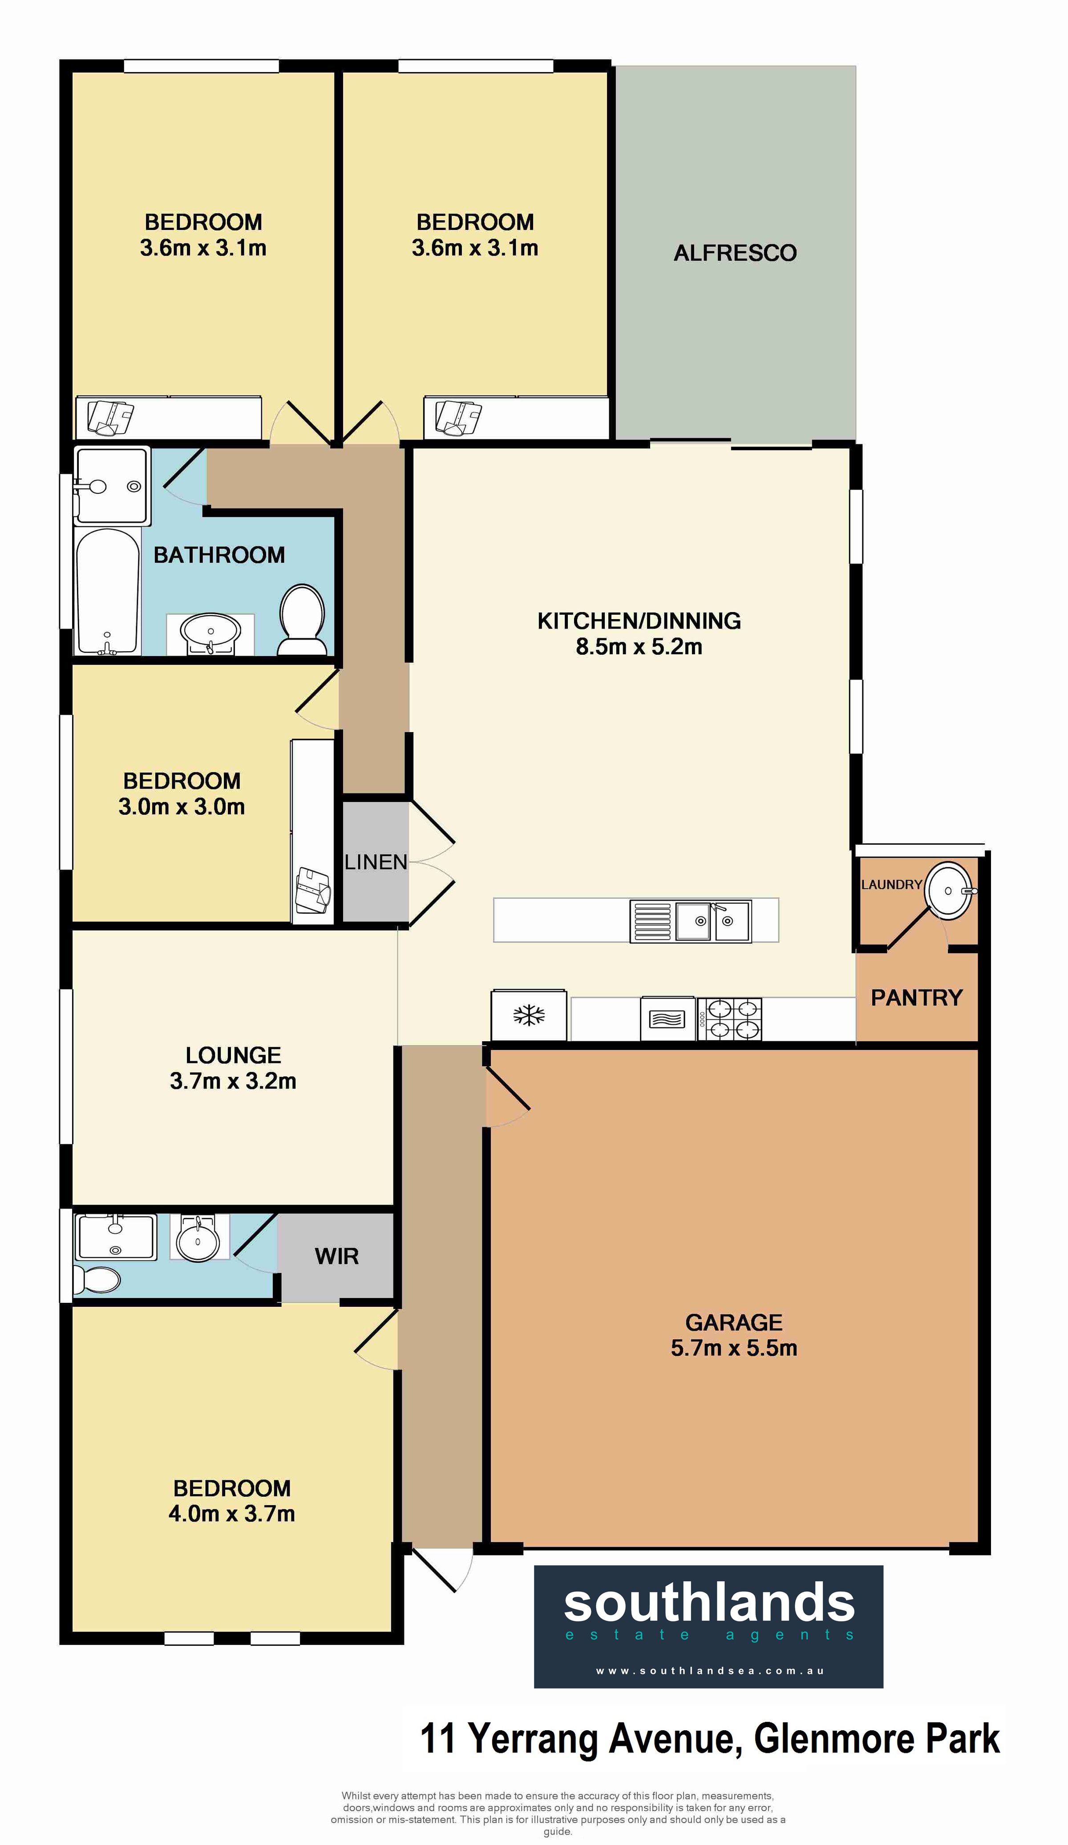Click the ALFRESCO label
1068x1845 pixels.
tap(735, 254)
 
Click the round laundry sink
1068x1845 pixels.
tap(949, 890)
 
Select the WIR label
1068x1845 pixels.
tap(336, 1257)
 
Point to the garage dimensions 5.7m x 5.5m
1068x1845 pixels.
tap(734, 1348)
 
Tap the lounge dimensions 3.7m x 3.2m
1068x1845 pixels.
tap(233, 1081)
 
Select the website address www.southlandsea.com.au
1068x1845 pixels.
tap(710, 1671)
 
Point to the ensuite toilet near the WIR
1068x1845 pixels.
tap(97, 1280)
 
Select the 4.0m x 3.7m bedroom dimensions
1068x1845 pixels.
tap(231, 1513)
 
